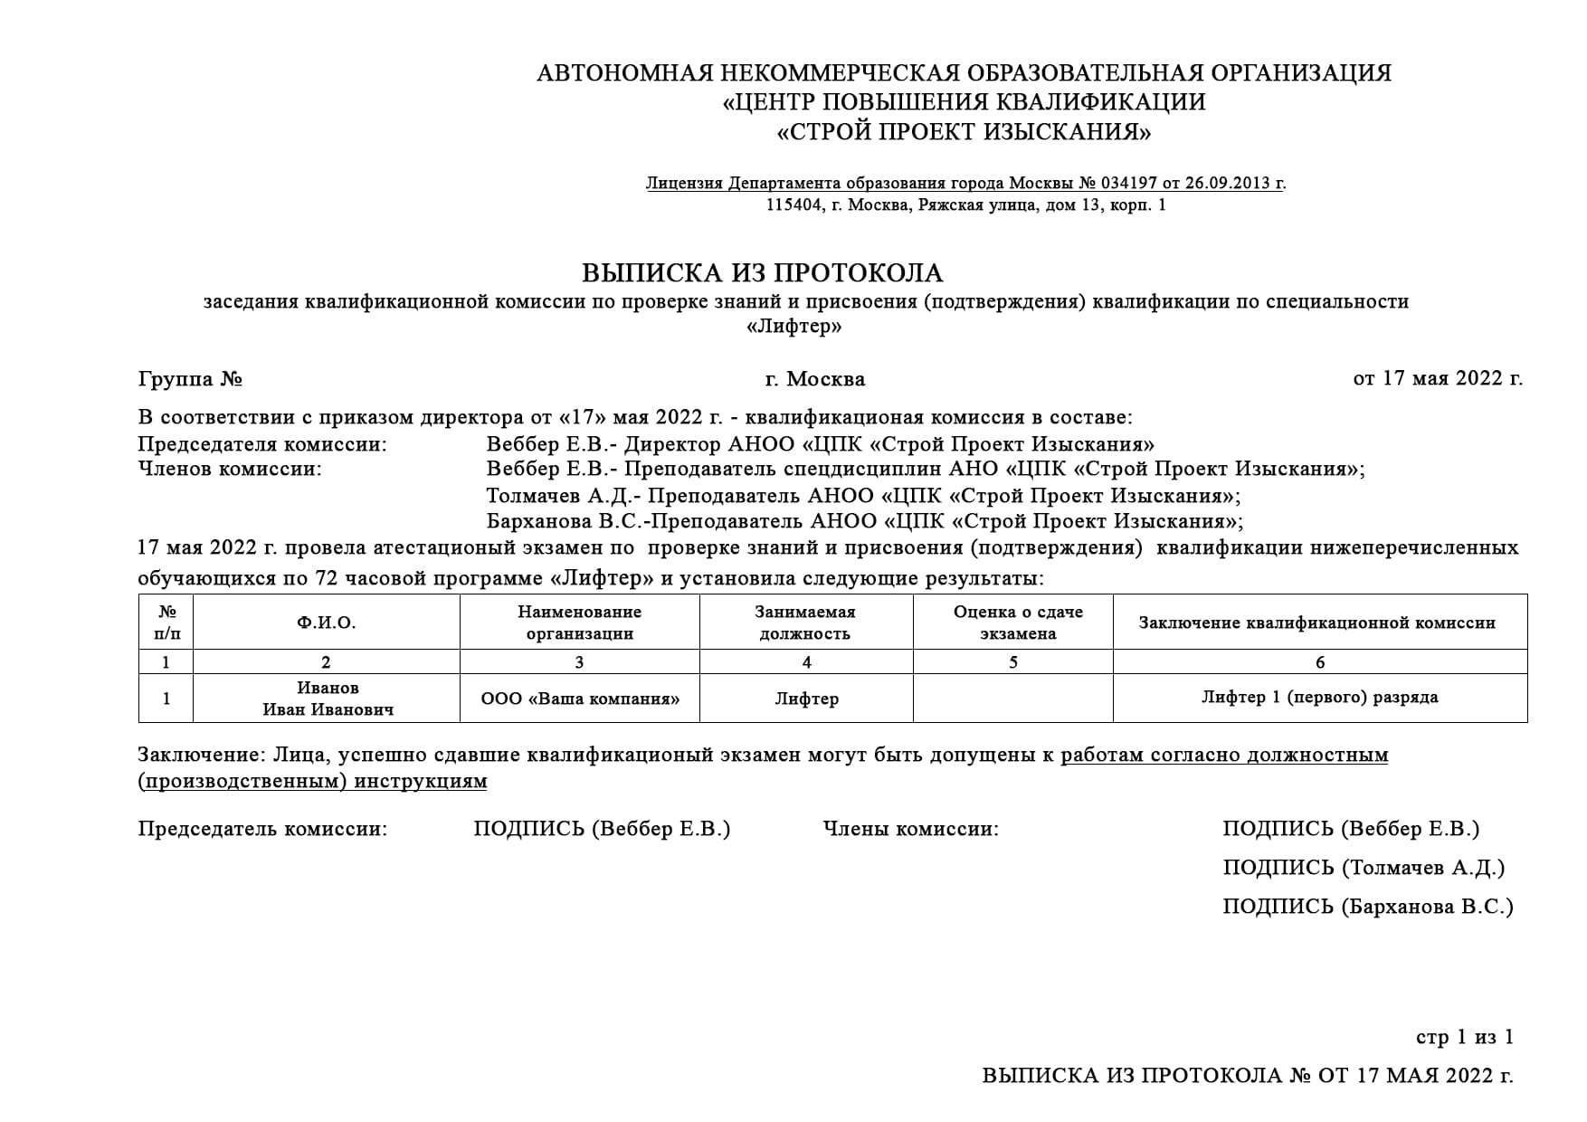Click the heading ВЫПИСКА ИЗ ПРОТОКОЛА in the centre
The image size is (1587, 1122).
point(762,272)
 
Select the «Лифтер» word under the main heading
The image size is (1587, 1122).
point(793,327)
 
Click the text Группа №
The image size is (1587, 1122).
point(190,378)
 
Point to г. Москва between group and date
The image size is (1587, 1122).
point(814,378)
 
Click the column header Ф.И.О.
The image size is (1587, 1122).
point(326,623)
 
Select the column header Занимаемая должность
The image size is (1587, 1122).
point(805,623)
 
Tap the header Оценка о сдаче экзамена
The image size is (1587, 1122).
point(1017,623)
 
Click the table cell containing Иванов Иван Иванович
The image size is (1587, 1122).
point(328,699)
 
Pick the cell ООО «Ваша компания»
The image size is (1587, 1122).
point(580,699)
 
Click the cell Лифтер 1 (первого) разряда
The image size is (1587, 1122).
point(1319,697)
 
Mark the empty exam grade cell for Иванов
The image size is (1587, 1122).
point(1012,699)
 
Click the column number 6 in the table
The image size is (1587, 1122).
point(1319,662)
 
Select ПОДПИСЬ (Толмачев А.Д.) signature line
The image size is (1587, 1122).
point(1363,868)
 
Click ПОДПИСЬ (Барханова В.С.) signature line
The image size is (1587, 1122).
point(1366,907)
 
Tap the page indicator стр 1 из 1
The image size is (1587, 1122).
point(1463,1037)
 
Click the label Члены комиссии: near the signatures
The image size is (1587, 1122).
point(910,829)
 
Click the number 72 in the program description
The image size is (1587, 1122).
point(326,579)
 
